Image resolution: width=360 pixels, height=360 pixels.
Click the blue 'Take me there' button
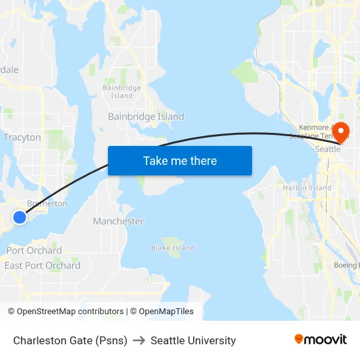pos(180,160)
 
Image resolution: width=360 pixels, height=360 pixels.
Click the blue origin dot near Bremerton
pos(20,217)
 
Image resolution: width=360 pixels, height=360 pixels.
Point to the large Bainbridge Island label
pos(146,117)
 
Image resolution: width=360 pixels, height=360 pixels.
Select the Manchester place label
pos(118,221)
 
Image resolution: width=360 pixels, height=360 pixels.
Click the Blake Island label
pos(173,248)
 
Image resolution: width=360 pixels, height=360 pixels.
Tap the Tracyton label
pos(22,137)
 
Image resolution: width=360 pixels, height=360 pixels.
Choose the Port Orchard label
pos(34,251)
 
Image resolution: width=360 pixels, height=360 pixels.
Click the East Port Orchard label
pos(43,266)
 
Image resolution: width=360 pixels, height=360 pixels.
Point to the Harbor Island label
pos(307,188)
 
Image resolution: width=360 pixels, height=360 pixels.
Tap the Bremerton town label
pos(46,204)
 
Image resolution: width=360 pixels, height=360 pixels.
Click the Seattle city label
pos(328,149)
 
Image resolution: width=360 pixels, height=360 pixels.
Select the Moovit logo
pos(321,340)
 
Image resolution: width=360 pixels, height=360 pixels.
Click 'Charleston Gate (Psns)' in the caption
pos(70,340)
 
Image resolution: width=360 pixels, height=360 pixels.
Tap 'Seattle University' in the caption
pos(193,340)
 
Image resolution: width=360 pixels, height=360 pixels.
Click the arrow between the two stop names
pos(139,340)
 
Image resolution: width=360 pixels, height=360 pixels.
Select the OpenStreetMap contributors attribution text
pos(70,312)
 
